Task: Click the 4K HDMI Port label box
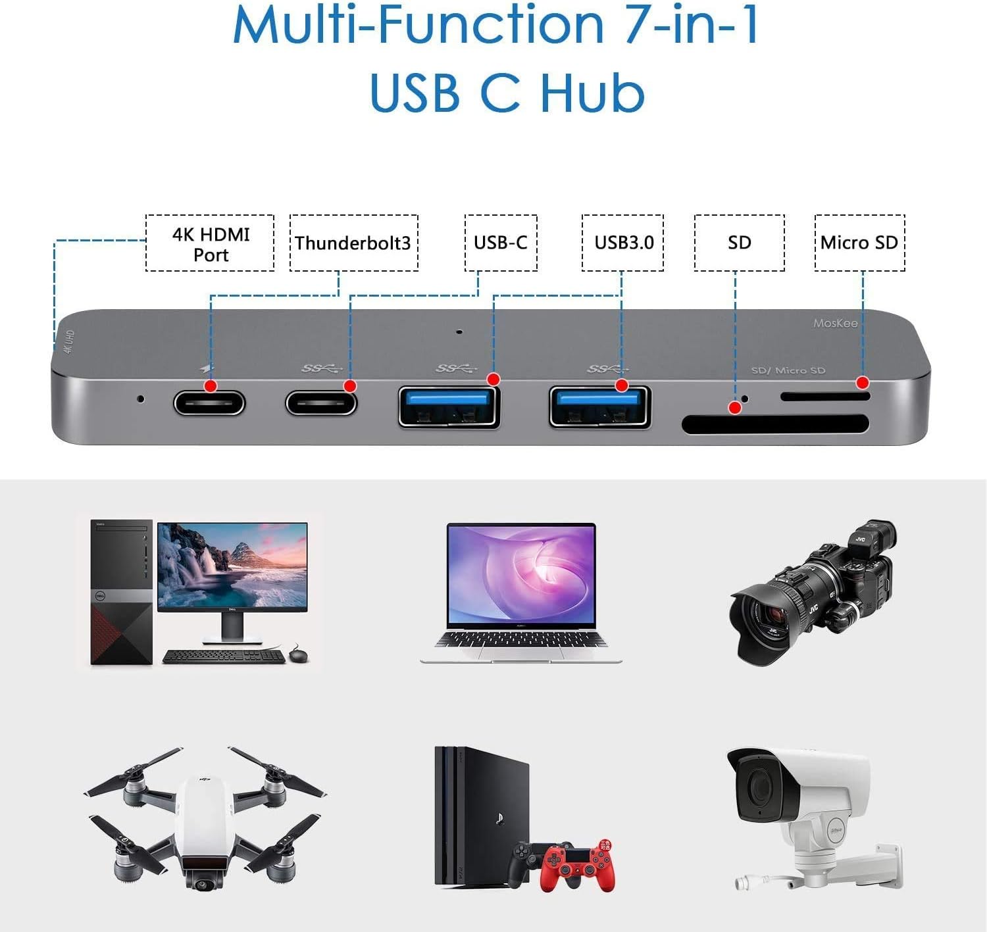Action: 210,243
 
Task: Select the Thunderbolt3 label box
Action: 353,243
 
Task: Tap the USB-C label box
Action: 501,243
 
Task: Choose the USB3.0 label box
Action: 622,243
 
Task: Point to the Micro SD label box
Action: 859,243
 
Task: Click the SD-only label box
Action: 739,243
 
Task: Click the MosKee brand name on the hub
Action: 835,323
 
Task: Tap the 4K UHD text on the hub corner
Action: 68,341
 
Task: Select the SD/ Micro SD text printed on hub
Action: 788,370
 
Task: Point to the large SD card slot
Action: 775,424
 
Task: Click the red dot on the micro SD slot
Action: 862,382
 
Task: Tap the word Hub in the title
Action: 592,92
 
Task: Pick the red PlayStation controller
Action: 578,868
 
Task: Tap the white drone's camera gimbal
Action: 203,877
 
